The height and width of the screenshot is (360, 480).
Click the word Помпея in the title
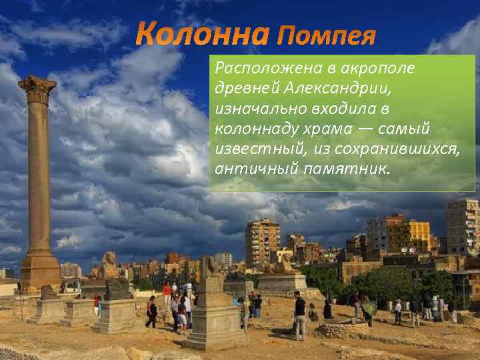326,35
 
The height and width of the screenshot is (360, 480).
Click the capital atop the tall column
37,89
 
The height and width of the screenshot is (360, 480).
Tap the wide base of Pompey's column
40,267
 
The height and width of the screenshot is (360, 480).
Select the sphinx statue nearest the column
107,267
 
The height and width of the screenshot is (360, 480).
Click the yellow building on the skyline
409,236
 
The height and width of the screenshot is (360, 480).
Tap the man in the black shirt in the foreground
300,313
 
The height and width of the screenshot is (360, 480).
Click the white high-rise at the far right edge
463,227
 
